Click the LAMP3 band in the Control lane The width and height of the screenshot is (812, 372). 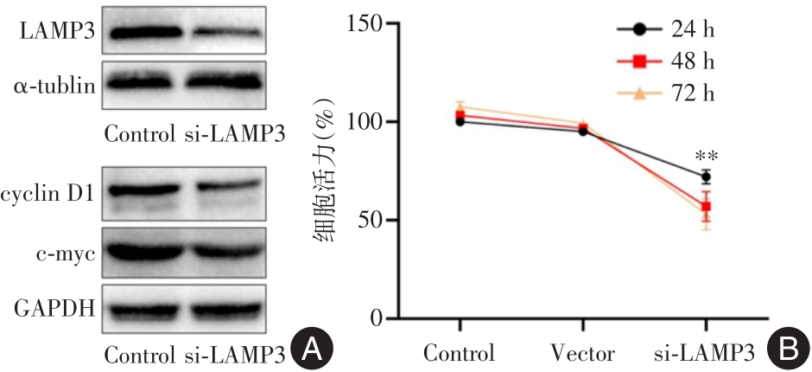[x=142, y=33]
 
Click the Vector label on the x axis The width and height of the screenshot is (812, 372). [x=582, y=354]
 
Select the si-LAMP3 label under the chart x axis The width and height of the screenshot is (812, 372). [x=706, y=354]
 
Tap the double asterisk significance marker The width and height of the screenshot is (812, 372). [x=707, y=157]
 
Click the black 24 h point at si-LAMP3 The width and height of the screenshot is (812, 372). [x=706, y=176]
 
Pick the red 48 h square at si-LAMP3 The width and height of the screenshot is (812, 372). [x=706, y=207]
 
